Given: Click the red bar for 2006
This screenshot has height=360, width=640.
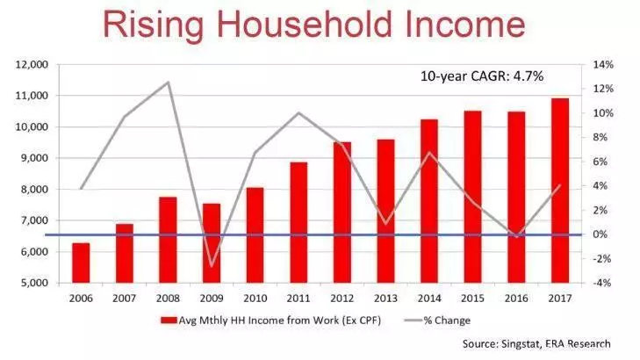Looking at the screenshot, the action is coord(81,263).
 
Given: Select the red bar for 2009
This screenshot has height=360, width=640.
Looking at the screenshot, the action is coord(212,243).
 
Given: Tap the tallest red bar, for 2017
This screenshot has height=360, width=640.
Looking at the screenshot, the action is coord(560,191).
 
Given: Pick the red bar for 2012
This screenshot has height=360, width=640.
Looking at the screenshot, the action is coord(342,212).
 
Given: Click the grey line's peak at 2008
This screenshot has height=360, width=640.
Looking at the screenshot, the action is coord(168,83).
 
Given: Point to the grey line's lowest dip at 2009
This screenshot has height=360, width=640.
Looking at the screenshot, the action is coord(212,267).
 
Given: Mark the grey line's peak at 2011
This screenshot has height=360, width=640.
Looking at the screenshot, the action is coord(298,112).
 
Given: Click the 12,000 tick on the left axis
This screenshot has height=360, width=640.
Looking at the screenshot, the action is coord(32,64).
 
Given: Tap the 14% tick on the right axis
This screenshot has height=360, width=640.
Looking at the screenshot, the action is coord(603,64).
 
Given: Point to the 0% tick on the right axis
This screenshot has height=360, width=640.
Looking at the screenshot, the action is coord(600,234).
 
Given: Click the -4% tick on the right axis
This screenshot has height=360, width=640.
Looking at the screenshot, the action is coord(602,283).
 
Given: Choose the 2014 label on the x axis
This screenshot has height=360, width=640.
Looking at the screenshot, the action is coord(429,299).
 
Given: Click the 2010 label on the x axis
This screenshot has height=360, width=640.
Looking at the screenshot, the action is coord(255,299).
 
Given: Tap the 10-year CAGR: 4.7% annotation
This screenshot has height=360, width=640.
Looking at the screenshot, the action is coord(482,76).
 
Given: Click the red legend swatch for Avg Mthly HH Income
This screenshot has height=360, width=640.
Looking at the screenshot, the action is coord(169,320).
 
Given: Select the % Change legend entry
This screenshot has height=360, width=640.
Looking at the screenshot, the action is coord(437,320).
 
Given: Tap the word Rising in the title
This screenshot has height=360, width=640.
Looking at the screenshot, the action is coord(154,25).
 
